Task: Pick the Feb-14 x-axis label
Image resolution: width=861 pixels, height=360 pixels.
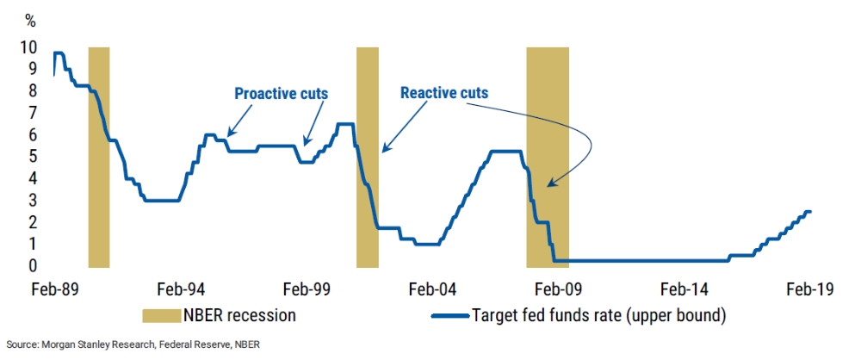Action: (684, 289)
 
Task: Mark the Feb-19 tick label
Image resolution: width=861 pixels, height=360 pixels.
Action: (809, 289)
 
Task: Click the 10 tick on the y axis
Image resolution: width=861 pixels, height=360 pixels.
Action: (29, 47)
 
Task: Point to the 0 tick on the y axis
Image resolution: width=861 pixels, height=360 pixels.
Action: (33, 266)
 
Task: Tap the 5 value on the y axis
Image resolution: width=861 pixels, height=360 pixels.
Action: (33, 157)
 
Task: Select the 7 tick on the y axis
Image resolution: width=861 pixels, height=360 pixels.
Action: (33, 113)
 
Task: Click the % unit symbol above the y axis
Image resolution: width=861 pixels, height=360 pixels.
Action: (31, 22)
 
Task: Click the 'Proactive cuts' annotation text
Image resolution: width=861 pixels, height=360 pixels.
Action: (282, 94)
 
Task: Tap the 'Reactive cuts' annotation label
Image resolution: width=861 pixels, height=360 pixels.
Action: (444, 93)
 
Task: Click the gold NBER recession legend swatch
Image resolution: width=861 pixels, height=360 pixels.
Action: (162, 315)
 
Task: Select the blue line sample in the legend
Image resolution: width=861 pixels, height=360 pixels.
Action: (451, 316)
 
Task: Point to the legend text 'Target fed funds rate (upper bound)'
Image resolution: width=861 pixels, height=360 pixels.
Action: (599, 316)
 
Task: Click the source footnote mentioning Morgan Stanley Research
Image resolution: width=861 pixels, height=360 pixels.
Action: (133, 345)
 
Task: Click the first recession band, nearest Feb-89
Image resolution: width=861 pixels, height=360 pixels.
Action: (99, 158)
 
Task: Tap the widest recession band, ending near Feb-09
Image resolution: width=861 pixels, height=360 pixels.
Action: (548, 158)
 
